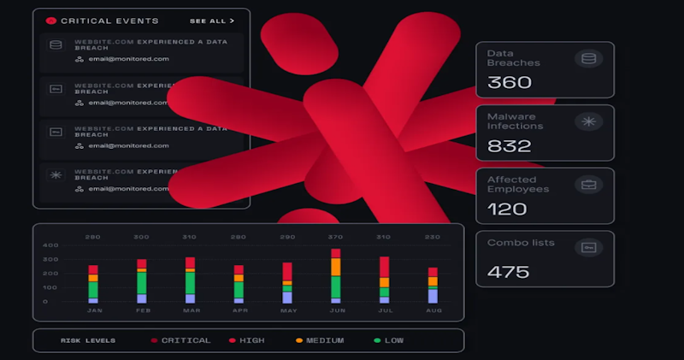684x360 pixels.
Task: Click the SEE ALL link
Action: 211,20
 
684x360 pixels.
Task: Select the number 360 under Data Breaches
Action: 510,82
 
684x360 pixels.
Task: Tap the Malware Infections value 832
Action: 510,145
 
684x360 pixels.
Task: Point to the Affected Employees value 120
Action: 507,209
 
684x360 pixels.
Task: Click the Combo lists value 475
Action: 509,272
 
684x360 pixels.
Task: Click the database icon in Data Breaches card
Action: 588,59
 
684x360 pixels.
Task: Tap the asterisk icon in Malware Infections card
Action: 588,121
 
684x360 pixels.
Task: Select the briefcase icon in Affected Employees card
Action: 588,185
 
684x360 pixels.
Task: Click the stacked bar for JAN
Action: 93,284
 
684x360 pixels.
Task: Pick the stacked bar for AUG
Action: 433,286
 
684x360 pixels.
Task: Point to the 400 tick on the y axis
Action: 51,245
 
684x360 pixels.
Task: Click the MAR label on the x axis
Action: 190,311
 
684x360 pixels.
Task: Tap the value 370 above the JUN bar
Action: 336,237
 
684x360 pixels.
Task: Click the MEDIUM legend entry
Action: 322,340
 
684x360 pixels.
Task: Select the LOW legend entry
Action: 392,340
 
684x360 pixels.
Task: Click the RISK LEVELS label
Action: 88,340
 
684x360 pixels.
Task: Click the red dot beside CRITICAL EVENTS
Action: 50,20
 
